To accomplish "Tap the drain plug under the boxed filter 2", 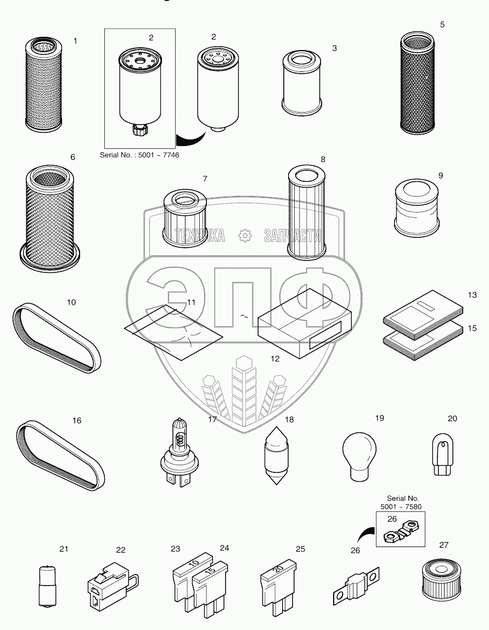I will click(139, 130).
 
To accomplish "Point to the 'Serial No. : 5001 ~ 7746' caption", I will click(139, 155).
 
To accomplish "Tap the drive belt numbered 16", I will click(60, 455).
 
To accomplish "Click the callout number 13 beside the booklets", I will click(472, 295).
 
